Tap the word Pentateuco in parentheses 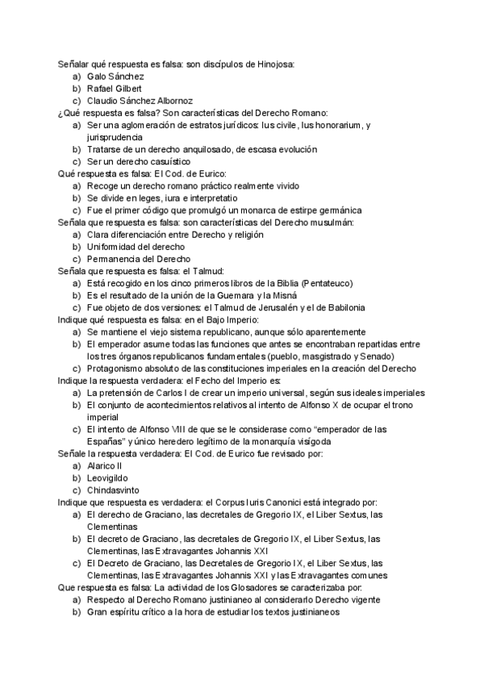pos(326,283)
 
